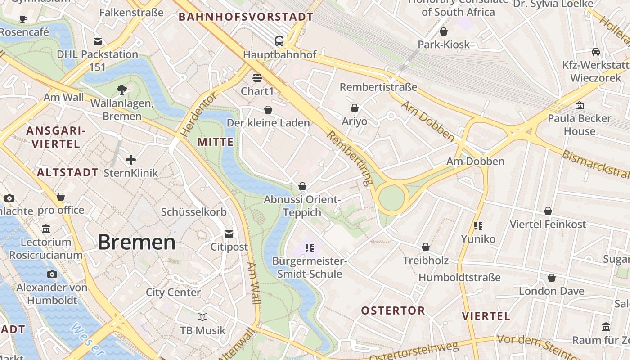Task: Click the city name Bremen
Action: click(x=136, y=242)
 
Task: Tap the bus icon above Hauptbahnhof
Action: click(x=279, y=41)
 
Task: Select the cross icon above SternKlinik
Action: click(x=131, y=159)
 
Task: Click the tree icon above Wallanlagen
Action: click(x=121, y=90)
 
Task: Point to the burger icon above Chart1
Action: click(x=257, y=77)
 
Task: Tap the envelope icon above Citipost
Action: click(x=229, y=234)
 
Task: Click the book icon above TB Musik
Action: click(x=202, y=317)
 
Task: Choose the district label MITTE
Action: click(x=216, y=142)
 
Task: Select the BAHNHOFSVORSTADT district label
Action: click(x=246, y=17)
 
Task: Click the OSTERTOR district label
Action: click(x=393, y=310)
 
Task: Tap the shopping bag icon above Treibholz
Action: click(x=425, y=247)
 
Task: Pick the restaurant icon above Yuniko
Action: click(x=478, y=225)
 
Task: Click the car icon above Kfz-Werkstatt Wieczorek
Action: click(x=596, y=52)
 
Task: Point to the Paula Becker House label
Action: click(x=580, y=125)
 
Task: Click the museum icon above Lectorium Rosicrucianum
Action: click(x=46, y=229)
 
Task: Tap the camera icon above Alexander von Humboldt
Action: click(x=52, y=274)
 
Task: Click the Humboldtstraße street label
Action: click(x=459, y=277)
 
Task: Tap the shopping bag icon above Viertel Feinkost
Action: click(x=548, y=211)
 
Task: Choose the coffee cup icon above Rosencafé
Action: click(x=23, y=19)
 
